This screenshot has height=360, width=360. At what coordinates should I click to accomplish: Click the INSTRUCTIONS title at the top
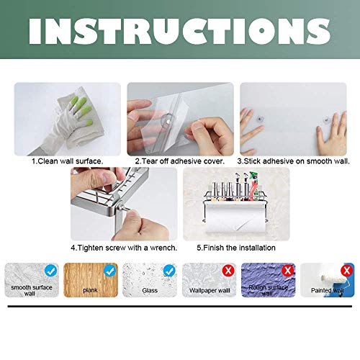coord(179,31)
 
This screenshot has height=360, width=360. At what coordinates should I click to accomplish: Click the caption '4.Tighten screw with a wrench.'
coord(117,247)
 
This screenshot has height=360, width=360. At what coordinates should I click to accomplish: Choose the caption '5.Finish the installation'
coord(235,247)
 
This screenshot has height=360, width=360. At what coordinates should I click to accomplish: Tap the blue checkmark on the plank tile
coord(109,271)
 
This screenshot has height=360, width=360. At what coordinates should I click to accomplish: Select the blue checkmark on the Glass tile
coord(168,271)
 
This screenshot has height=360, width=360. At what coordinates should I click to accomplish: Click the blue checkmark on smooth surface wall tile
coord(50,271)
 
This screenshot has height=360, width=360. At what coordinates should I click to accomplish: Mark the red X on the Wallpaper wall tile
coord(228,271)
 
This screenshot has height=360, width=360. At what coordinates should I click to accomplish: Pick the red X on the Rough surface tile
coord(287,271)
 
